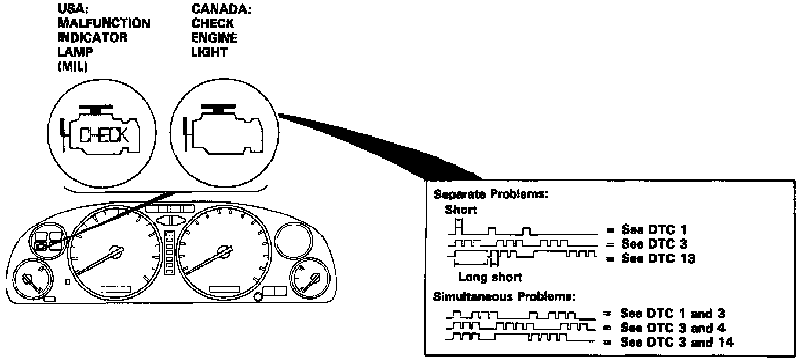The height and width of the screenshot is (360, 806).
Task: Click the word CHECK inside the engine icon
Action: (x=104, y=135)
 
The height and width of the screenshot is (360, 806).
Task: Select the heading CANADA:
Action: (x=213, y=10)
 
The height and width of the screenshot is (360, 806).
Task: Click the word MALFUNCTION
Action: (x=104, y=24)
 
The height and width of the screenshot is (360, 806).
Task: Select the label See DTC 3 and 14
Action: (x=676, y=342)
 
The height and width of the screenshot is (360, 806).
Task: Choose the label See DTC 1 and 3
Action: (x=672, y=314)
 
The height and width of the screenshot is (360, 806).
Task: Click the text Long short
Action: (x=490, y=277)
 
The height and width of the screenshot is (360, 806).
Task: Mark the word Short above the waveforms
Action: (x=460, y=210)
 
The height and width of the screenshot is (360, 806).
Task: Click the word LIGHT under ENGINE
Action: (x=210, y=52)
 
